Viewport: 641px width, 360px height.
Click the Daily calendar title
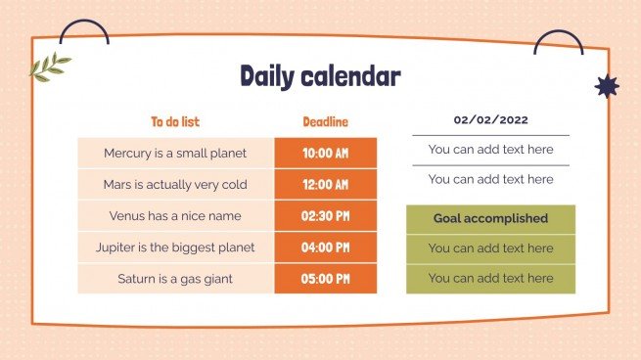[320, 76]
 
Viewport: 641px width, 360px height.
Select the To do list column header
[175, 122]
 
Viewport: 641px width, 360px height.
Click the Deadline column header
[325, 122]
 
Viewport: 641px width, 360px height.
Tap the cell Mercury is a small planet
[175, 154]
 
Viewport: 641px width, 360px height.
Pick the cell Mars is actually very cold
[175, 185]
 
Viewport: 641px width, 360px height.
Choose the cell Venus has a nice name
[175, 216]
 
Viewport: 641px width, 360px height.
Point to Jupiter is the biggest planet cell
[175, 247]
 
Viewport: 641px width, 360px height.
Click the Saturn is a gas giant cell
[175, 279]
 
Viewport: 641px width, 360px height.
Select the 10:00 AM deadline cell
[325, 154]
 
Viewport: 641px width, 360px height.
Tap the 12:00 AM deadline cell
[325, 185]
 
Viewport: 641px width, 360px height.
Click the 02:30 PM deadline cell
[325, 216]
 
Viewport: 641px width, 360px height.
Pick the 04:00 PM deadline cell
[325, 247]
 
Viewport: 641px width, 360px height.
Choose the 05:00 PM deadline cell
[325, 279]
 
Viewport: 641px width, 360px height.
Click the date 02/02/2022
[490, 120]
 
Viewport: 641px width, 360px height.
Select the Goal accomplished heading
[490, 218]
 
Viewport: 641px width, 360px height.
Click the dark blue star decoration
[607, 87]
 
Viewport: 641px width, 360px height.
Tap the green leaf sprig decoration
[50, 67]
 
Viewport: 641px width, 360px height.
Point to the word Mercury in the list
[128, 154]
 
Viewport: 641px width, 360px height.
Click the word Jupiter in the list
[118, 247]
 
